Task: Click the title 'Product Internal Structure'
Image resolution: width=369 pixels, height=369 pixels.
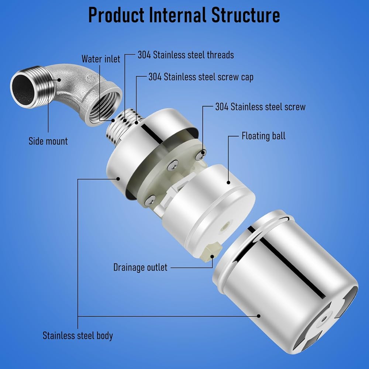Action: pyautogui.click(x=184, y=15)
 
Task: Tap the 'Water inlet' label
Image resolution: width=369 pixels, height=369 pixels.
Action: pyautogui.click(x=101, y=59)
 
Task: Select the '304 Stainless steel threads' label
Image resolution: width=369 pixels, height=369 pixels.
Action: pyautogui.click(x=186, y=55)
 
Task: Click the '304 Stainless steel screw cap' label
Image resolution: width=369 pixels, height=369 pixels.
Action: pyautogui.click(x=201, y=77)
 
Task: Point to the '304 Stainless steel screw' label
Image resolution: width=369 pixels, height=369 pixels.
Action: pyautogui.click(x=260, y=107)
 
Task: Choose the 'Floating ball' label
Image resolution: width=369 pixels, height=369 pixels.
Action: pyautogui.click(x=263, y=136)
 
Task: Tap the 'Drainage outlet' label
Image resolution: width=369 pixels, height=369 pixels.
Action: pyautogui.click(x=140, y=267)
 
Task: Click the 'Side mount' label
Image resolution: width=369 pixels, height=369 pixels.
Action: pyautogui.click(x=48, y=141)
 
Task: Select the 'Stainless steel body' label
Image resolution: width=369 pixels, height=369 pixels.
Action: pyautogui.click(x=77, y=335)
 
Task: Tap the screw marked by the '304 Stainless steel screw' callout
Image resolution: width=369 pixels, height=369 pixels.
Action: pyautogui.click(x=201, y=154)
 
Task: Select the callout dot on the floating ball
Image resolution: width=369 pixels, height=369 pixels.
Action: pyautogui.click(x=228, y=182)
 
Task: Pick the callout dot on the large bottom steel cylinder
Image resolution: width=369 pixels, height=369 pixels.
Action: pyautogui.click(x=259, y=316)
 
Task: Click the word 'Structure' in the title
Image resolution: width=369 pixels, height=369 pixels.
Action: pyautogui.click(x=246, y=15)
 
